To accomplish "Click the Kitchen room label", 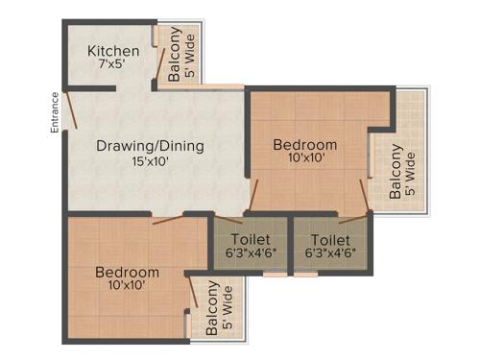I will pos(113,51).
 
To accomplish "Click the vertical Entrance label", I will pos(55,110).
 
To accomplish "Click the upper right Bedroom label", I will pos(305,145).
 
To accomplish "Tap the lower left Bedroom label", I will pos(128,273).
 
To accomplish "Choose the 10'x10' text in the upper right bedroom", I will pos(305,160).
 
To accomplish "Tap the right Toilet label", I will pos(330,239).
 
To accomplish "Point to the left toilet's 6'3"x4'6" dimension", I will pos(251,253).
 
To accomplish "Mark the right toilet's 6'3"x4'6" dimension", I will pos(330,253).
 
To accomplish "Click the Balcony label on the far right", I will pos(396,174).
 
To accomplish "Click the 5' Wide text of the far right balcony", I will pos(411,174).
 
